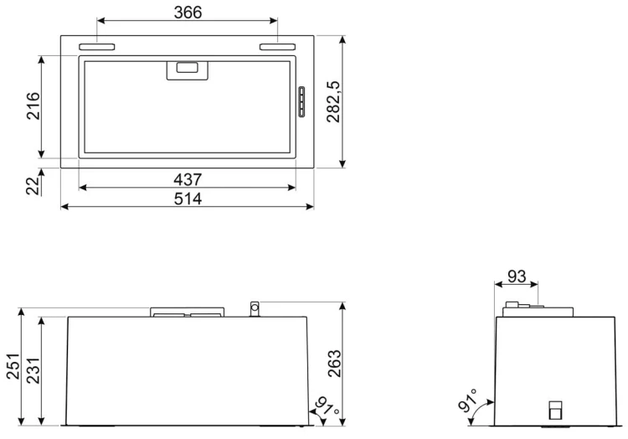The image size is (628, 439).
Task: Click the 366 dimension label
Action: point(188,13)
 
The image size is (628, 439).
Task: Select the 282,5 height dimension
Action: point(333,101)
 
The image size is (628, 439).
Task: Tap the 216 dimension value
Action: point(33,106)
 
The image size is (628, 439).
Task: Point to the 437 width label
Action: point(188,179)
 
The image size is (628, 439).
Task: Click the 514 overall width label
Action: point(188,199)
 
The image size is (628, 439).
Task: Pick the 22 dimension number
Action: point(33,185)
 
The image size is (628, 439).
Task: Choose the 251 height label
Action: point(13,366)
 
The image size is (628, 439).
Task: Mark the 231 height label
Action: point(33,370)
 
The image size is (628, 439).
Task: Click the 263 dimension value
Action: point(334,364)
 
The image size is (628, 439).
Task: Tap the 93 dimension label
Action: point(517,276)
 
